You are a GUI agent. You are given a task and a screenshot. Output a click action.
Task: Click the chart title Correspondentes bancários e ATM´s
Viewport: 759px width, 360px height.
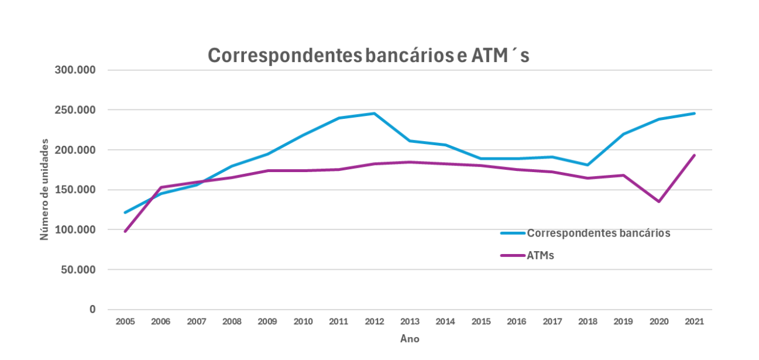[x=369, y=55]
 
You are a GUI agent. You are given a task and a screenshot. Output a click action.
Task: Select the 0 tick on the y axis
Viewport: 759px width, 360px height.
[x=92, y=310]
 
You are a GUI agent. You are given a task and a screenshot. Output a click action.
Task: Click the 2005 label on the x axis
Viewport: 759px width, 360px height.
[x=125, y=321]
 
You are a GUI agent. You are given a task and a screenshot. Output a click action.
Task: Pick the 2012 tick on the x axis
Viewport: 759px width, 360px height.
[x=374, y=321]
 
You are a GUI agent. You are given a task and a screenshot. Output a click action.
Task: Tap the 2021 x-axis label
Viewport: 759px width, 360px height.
[x=694, y=321]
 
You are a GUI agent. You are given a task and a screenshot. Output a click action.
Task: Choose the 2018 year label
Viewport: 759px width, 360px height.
[x=588, y=321]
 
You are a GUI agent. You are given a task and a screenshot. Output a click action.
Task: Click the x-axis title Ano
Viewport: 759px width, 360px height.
[x=410, y=339]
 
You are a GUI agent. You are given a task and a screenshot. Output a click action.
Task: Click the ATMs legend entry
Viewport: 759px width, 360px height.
[x=540, y=255]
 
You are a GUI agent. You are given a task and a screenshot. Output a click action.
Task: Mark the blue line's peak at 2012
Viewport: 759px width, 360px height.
[x=374, y=114]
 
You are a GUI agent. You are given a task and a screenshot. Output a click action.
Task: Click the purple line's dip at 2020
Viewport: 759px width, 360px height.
[x=659, y=201]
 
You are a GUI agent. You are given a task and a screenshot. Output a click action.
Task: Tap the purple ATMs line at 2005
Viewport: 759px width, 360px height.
[x=125, y=231]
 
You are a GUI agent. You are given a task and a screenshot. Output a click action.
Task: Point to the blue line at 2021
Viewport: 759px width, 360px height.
[x=694, y=114]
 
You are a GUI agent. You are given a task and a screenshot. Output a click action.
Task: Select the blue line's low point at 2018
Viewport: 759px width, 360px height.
[x=588, y=165]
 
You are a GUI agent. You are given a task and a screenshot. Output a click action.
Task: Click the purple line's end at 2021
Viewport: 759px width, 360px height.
[x=694, y=155]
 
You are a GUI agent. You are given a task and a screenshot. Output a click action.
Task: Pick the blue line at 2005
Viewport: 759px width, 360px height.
[x=125, y=212]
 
